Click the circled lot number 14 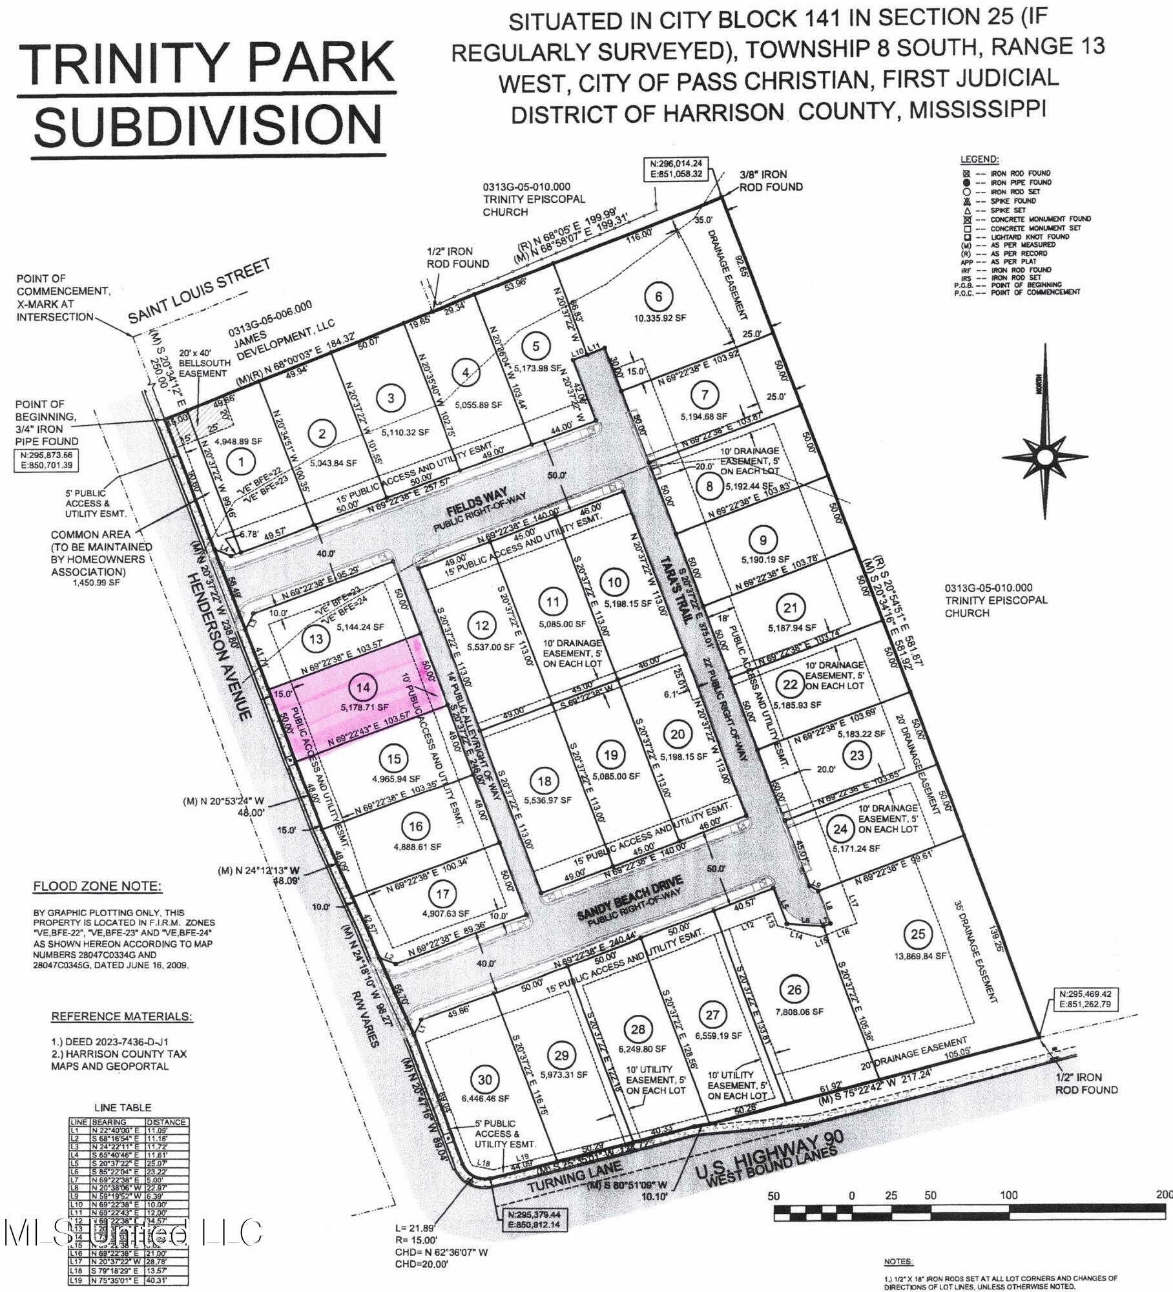coord(364,687)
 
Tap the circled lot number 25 coord(917,933)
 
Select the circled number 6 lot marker coord(658,297)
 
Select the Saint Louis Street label coord(199,291)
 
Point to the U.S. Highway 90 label coord(769,1155)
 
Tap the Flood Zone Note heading coord(98,886)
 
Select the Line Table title coord(123,1107)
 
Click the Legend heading coord(979,159)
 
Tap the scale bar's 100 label coord(1008,1195)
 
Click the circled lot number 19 coord(610,755)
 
